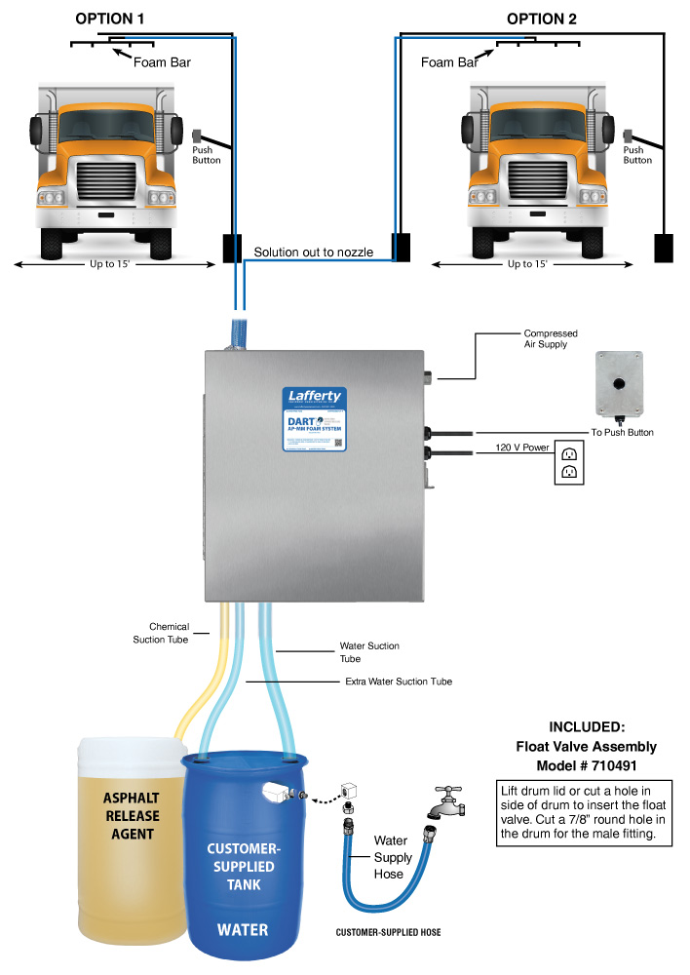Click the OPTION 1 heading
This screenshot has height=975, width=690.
coord(110,19)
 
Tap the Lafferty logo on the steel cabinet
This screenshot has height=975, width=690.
coord(314,398)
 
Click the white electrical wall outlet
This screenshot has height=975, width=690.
coord(570,462)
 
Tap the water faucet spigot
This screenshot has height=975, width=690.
coord(445,802)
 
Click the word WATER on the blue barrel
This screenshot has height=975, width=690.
coord(243,928)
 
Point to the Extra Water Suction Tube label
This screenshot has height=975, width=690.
coord(399,681)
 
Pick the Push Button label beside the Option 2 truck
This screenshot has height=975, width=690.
coord(637,155)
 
